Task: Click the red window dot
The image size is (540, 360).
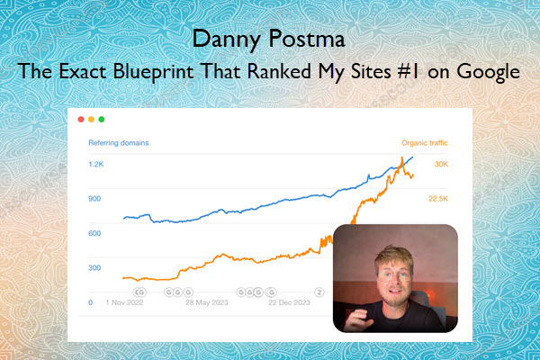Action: point(81,119)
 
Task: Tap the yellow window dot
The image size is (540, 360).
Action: point(91,119)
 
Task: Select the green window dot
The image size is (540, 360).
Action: point(102,119)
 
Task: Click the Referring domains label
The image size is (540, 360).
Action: point(119,143)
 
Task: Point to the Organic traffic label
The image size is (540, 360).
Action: point(425,143)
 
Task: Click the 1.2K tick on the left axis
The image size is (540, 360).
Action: point(96,165)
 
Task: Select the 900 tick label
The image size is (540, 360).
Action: point(94,199)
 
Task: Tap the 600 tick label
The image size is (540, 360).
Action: point(94,234)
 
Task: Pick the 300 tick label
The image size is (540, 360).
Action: point(94,268)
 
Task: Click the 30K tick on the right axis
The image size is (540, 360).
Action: point(441,165)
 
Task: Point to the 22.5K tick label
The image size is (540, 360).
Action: point(438,199)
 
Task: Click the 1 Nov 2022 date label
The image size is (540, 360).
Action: point(124,302)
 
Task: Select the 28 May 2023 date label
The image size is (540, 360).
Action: point(207,302)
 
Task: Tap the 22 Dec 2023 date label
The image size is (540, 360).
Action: point(289,302)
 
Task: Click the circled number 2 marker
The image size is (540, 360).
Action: point(319,292)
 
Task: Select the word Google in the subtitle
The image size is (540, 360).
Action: point(489,72)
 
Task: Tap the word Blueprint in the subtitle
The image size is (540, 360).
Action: point(153,72)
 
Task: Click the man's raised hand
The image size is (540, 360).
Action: point(358,319)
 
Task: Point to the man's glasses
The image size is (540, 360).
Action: point(394,275)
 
